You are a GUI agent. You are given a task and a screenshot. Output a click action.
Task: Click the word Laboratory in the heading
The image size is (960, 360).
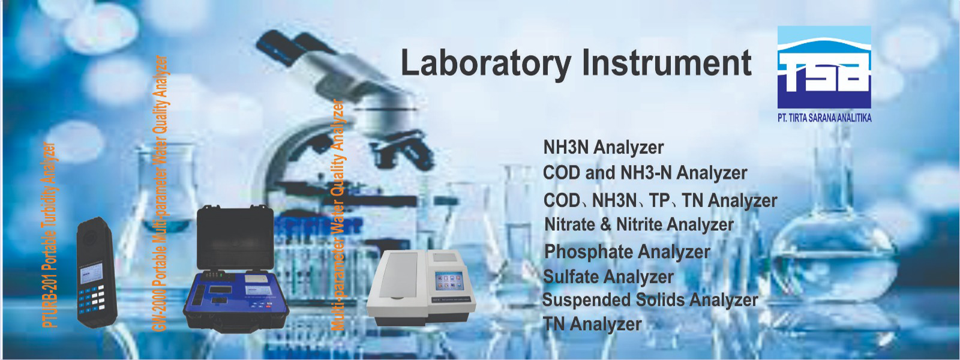[x=485, y=64]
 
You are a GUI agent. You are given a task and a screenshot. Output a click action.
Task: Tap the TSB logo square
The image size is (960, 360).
[x=824, y=67]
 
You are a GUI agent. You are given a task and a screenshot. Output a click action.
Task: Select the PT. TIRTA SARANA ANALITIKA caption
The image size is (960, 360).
[x=824, y=118]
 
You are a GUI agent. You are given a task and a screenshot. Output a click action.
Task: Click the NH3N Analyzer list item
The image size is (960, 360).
[x=603, y=148]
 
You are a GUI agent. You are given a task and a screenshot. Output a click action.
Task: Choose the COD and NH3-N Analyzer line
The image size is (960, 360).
[x=645, y=173]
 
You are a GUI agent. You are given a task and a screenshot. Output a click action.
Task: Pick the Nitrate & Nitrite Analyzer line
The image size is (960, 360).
[x=638, y=224]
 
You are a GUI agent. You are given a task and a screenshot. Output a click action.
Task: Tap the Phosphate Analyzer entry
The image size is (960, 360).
[x=627, y=251]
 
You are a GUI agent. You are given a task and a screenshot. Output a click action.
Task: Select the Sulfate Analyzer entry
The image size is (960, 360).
[x=608, y=277]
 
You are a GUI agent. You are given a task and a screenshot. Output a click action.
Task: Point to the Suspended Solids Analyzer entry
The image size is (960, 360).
[x=650, y=300]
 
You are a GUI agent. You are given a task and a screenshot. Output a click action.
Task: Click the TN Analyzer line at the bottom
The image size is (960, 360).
[x=592, y=324]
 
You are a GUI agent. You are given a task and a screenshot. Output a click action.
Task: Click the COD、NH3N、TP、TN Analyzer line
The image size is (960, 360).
[x=660, y=200]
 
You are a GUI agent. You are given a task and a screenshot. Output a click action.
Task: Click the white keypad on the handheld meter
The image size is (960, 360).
[x=92, y=297]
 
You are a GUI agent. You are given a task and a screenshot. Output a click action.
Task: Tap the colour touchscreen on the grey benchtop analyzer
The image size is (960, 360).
[x=449, y=282]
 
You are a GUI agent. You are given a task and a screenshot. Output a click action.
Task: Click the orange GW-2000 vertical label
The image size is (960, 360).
[x=160, y=193]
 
